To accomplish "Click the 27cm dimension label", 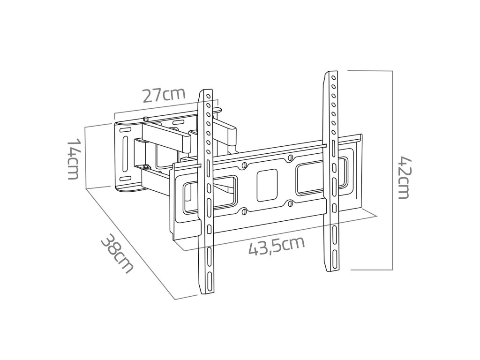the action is (164, 95).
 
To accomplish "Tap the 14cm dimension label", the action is (74, 159).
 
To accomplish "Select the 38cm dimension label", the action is (117, 254).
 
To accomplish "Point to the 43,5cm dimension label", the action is (277, 245).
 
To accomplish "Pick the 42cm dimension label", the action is (404, 178).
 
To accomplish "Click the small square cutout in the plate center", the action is (267, 186).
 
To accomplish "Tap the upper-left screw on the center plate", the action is (244, 165).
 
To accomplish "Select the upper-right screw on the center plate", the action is (290, 158).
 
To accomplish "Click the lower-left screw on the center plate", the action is (244, 211).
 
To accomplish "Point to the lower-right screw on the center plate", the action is (290, 203).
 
